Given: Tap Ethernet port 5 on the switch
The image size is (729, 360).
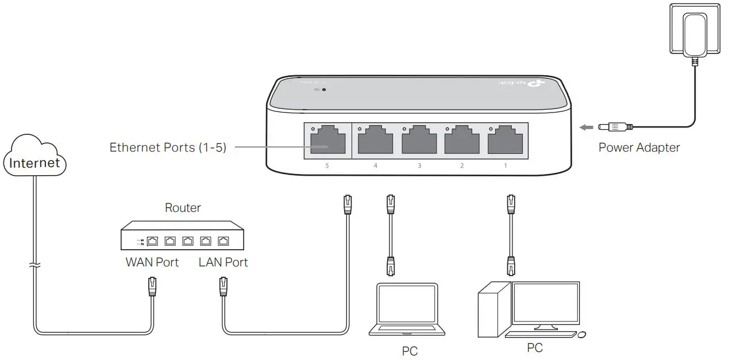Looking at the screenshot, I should (x=327, y=140).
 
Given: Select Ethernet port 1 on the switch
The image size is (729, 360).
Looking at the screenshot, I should (x=505, y=140).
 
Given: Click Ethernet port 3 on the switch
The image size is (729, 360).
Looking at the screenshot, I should (x=419, y=140).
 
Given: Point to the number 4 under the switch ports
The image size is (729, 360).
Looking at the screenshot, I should (x=376, y=166).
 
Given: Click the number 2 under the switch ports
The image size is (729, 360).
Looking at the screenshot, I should (x=461, y=166).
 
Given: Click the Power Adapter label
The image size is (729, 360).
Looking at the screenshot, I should (x=639, y=148).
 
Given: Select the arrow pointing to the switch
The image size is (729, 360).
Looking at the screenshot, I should (x=585, y=127).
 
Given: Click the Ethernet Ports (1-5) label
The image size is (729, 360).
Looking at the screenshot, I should (x=168, y=148).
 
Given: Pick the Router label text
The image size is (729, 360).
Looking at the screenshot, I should (x=183, y=208).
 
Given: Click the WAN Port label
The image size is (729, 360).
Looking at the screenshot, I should (x=152, y=262).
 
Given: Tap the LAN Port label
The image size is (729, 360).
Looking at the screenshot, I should (x=223, y=262).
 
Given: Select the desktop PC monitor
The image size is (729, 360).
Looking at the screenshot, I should (x=546, y=304).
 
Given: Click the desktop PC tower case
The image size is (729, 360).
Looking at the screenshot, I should (x=495, y=313).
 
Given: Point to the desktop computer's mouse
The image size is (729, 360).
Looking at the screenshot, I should (x=582, y=334).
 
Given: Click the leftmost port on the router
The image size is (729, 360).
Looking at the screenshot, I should (x=153, y=241).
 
